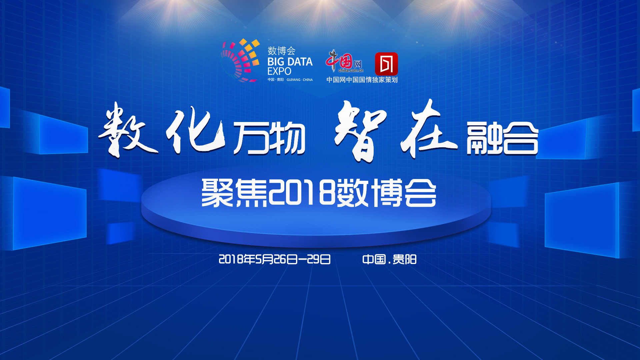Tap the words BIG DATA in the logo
click(x=290, y=62)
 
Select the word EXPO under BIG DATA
click(x=279, y=71)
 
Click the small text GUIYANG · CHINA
click(x=299, y=80)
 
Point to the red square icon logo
click(x=386, y=64)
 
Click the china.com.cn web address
click(x=351, y=70)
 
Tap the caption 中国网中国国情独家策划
click(x=362, y=80)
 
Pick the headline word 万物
click(x=269, y=138)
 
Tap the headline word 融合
click(x=502, y=138)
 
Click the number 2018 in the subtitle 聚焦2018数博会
click(x=302, y=193)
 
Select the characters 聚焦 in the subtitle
click(x=234, y=193)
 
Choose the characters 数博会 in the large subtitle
click(x=386, y=193)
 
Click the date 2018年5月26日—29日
click(x=274, y=259)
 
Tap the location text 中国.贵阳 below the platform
click(x=389, y=259)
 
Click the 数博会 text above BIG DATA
click(x=281, y=51)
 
